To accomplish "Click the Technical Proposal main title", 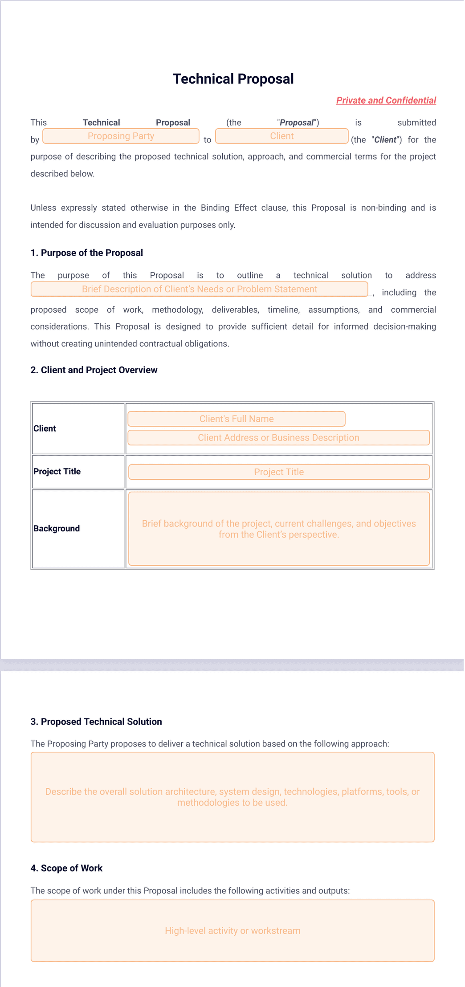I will (x=233, y=79).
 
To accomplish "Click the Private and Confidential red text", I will (x=386, y=100).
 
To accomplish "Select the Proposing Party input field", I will (x=121, y=136).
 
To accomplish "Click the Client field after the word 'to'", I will (x=281, y=136).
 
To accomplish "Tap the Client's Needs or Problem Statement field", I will (x=199, y=289).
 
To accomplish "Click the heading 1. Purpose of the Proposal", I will (x=86, y=253).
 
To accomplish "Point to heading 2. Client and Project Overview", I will (x=94, y=370).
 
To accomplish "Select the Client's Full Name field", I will (x=236, y=419).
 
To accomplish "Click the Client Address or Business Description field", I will (x=278, y=438).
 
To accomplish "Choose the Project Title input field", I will (x=278, y=472).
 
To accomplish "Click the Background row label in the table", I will (x=57, y=529).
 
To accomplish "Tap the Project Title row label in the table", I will (x=57, y=472).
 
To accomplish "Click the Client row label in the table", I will (x=45, y=428).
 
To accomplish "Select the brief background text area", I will (x=278, y=529).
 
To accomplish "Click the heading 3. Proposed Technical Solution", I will (x=96, y=722).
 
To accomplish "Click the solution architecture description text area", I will (x=232, y=797).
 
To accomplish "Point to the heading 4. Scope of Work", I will (x=66, y=868).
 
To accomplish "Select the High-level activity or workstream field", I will (x=232, y=930).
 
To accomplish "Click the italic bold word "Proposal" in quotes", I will (x=297, y=122).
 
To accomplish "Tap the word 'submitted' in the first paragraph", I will (x=416, y=122).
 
